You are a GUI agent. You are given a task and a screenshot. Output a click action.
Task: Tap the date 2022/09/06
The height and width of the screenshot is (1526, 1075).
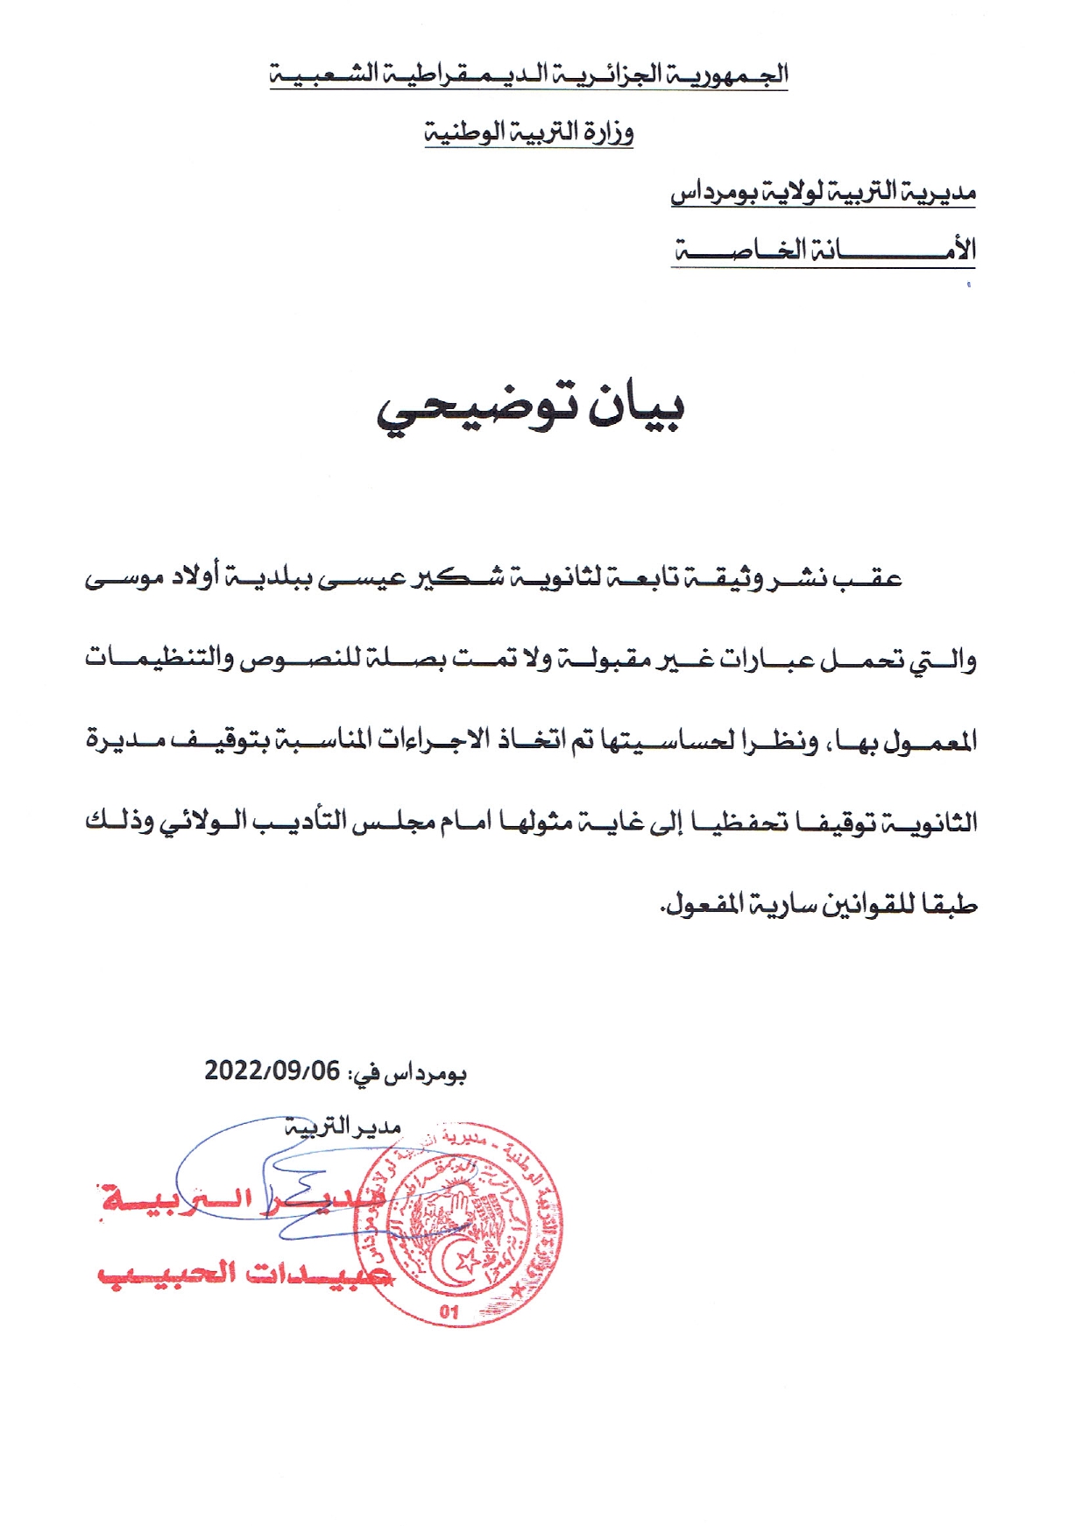tap(272, 1070)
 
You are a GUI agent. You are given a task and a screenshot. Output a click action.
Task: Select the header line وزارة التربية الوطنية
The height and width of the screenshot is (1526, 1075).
tap(529, 132)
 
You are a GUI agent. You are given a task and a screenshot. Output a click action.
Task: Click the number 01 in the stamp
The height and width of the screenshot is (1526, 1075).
tap(449, 1311)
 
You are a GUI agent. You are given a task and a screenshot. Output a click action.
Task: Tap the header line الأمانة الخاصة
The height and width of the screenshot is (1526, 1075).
tap(824, 251)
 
